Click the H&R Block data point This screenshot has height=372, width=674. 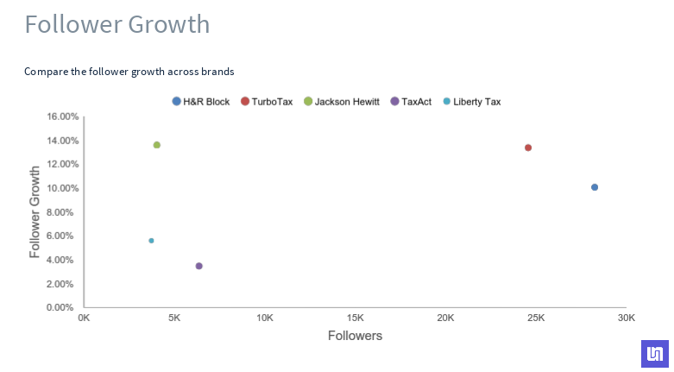pos(595,187)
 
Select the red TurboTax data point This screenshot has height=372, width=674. pos(528,148)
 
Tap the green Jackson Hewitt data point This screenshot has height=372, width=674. pos(156,145)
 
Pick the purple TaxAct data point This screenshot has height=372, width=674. pos(198,266)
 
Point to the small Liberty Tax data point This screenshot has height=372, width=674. pos(151,241)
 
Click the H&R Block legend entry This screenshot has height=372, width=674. pos(201,102)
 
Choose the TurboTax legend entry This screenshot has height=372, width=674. pos(267,102)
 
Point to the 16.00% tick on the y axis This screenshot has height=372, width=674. pos(62,117)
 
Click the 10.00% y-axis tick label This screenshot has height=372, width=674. pos(62,188)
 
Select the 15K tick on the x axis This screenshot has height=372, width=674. pos(355,318)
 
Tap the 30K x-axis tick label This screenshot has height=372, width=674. pos(626,318)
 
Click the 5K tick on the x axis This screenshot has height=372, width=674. pos(173,318)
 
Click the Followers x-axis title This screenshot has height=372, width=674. pos(355,335)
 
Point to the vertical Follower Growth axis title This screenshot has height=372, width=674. pos(35,212)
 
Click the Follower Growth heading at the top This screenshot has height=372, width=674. pos(117,24)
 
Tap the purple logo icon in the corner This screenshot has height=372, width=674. pos(655,354)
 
